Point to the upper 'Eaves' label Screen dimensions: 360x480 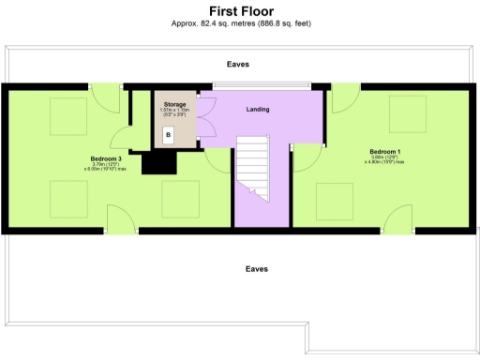click(x=238, y=65)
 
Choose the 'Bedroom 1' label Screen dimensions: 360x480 click(x=386, y=152)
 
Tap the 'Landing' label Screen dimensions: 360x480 click(x=257, y=110)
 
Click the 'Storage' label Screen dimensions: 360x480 click(x=175, y=104)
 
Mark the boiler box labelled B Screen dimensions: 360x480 click(x=168, y=135)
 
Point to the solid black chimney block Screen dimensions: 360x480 click(x=158, y=163)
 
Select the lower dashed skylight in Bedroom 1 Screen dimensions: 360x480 click(x=334, y=200)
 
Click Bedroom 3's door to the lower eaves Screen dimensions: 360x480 click(x=120, y=219)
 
